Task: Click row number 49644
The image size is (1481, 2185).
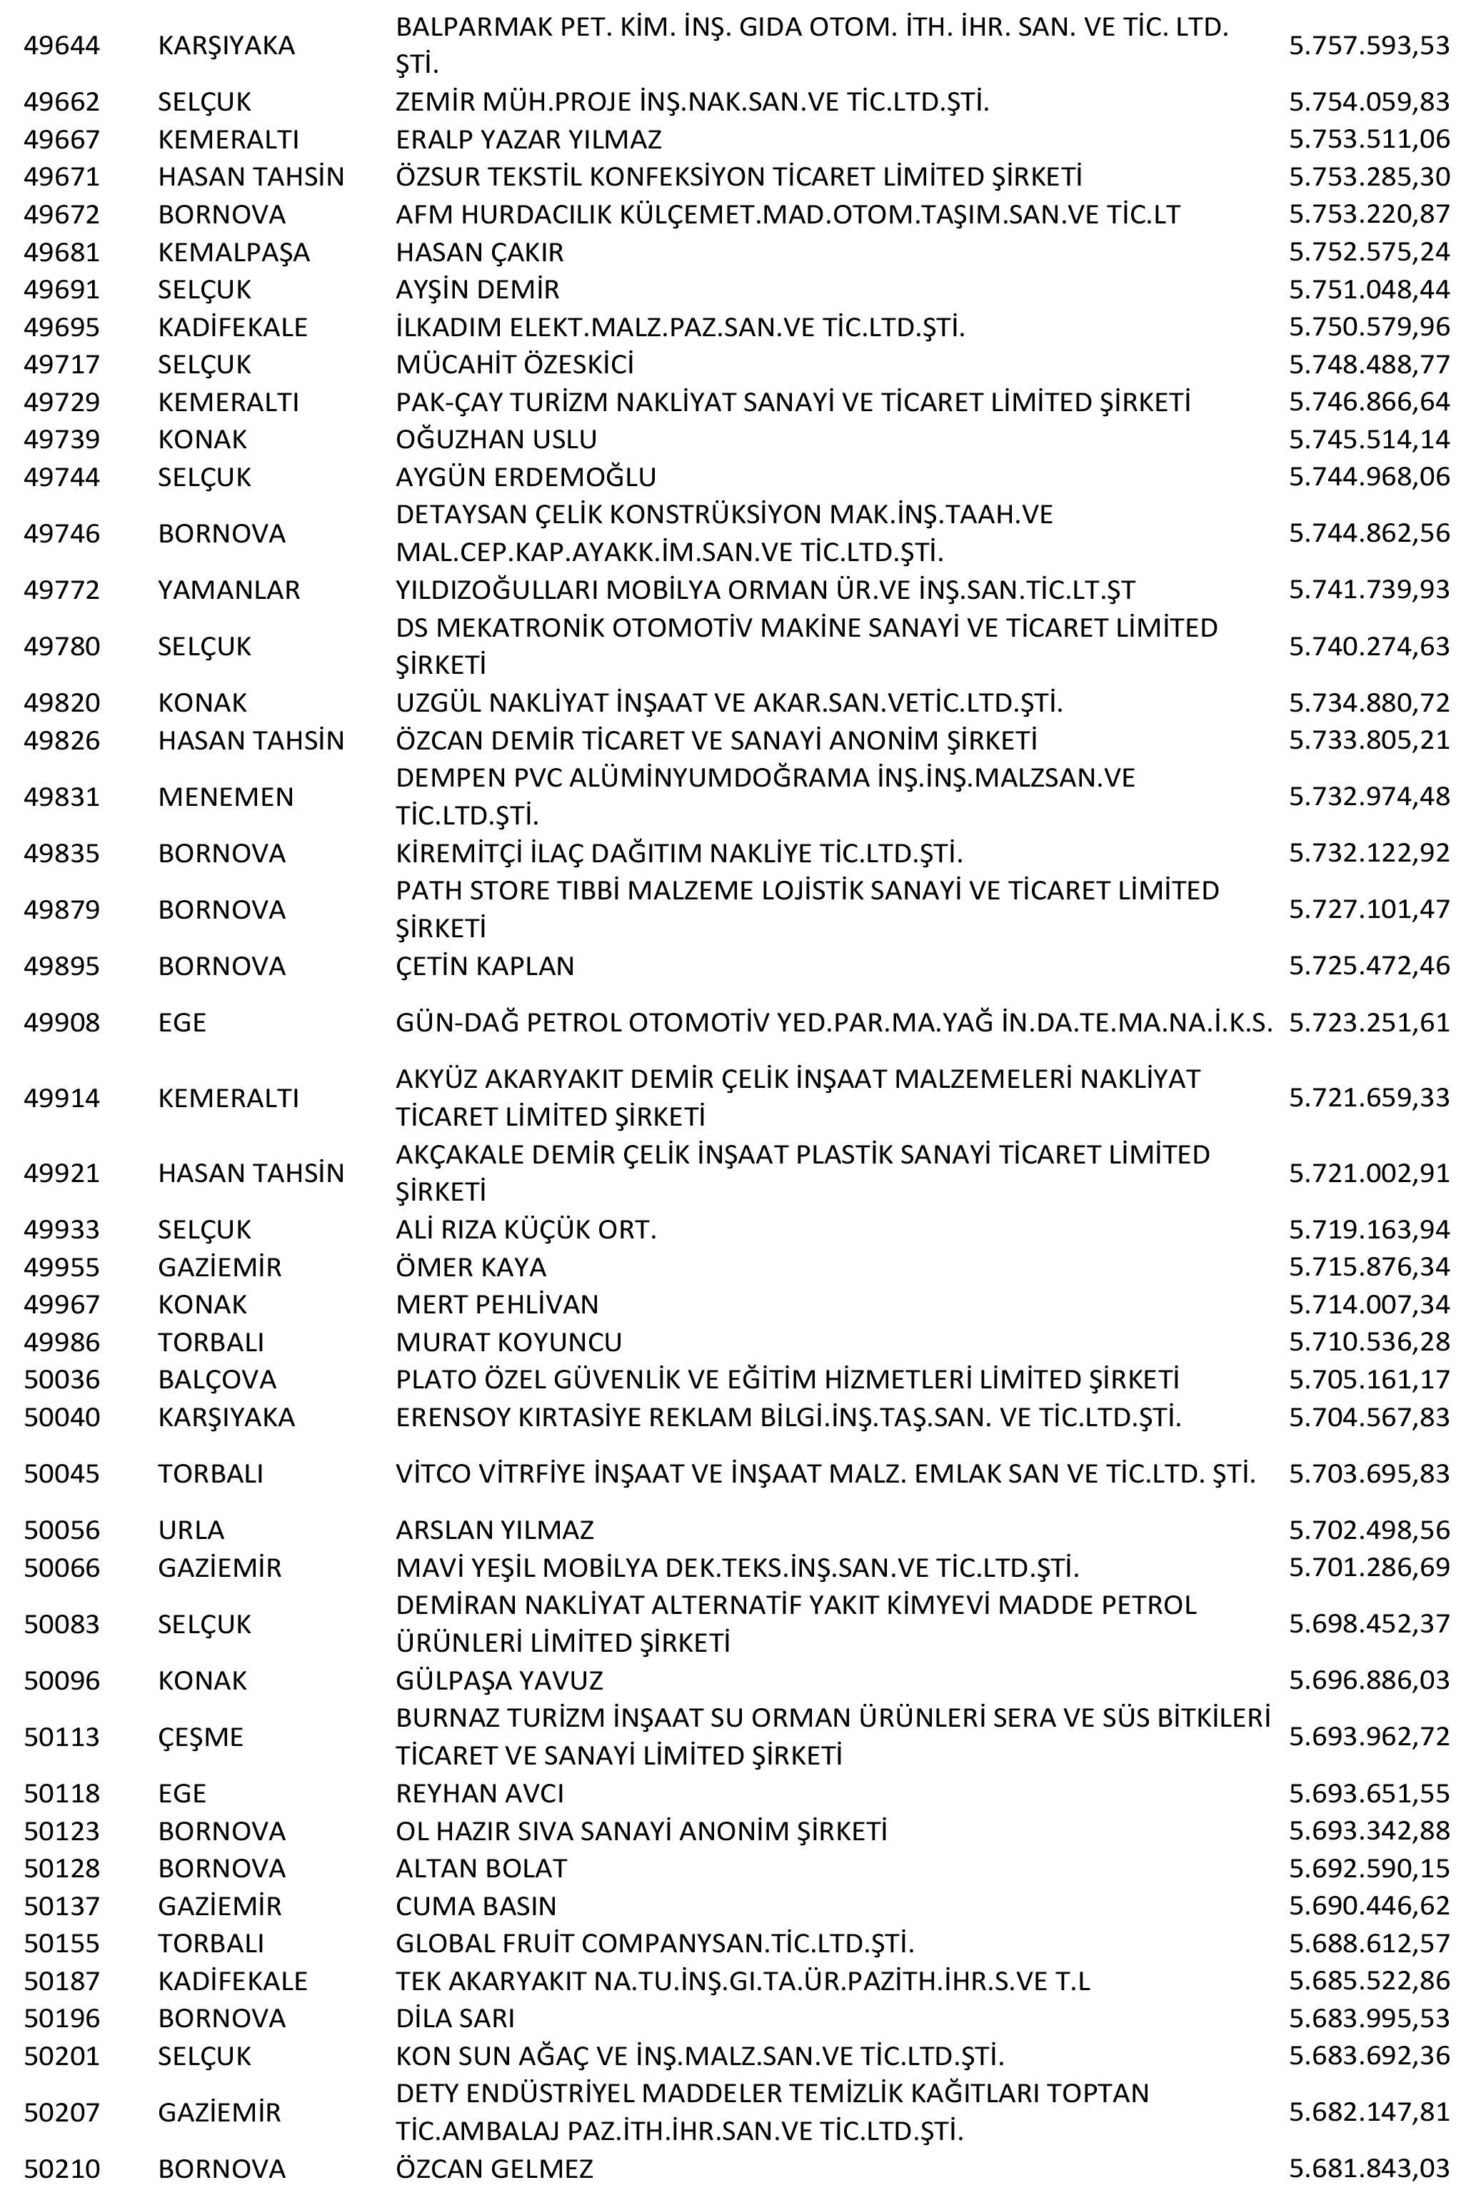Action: point(61,45)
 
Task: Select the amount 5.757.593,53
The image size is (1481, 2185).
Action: point(1368,45)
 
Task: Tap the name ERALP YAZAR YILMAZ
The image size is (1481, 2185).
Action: point(528,139)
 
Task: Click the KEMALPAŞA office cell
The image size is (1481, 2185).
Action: point(234,252)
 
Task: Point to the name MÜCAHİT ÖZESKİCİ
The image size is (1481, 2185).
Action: point(514,364)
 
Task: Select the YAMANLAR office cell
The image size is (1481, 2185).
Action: point(229,590)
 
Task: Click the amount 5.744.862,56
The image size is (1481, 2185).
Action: point(1368,533)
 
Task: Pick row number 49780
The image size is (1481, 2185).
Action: point(61,646)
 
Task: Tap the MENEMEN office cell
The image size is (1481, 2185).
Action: point(226,797)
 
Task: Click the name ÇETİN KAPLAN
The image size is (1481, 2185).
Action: point(484,966)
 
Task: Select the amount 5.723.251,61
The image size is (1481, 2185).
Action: point(1368,1022)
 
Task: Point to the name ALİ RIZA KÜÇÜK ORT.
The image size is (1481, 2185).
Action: point(526,1228)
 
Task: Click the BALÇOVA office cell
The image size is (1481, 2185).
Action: point(217,1379)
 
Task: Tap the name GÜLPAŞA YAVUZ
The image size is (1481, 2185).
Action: point(499,1680)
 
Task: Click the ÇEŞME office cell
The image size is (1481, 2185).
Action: point(200,1737)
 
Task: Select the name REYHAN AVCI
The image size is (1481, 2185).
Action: point(480,1793)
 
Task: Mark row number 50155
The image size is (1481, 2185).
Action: point(61,1943)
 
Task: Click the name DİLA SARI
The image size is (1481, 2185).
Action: point(454,2019)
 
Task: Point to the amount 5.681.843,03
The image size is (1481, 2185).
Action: point(1368,2169)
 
